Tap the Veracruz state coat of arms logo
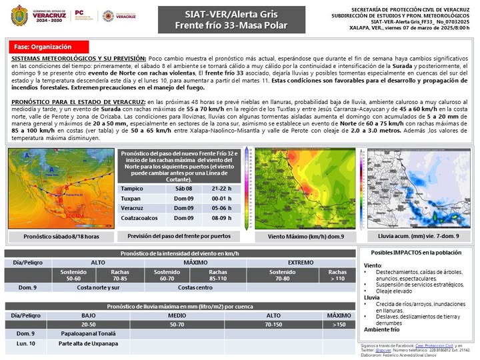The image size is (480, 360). tap(19, 15)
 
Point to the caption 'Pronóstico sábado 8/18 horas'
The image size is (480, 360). tap(61, 237)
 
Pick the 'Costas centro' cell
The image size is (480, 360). tap(195, 287)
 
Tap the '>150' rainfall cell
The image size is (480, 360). tap(339, 323)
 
